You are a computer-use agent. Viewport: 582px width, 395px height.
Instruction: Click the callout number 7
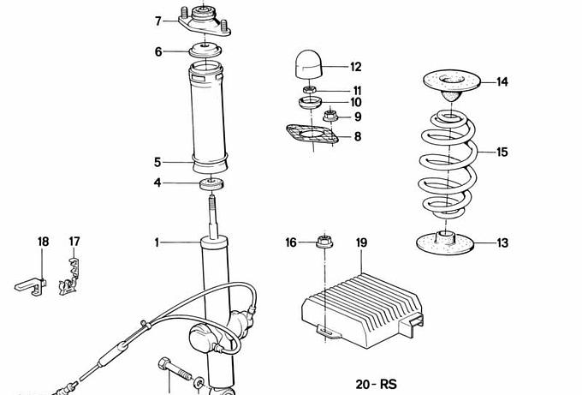(x=158, y=21)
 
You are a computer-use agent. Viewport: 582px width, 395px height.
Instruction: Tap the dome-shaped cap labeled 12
(x=309, y=64)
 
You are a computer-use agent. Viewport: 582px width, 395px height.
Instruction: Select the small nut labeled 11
(x=309, y=90)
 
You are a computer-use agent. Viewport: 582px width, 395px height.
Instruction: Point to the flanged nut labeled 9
(x=330, y=116)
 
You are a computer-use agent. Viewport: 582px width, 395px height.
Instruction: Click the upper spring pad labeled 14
(x=452, y=85)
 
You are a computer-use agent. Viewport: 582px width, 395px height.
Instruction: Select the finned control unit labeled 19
(x=362, y=311)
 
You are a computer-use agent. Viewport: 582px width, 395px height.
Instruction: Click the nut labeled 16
(x=324, y=242)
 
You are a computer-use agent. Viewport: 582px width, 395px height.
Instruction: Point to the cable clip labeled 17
(x=70, y=277)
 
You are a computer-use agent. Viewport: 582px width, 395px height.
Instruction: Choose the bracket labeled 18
(x=31, y=286)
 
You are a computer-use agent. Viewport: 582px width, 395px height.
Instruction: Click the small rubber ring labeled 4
(x=212, y=184)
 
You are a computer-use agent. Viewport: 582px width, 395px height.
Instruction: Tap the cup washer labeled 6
(x=205, y=51)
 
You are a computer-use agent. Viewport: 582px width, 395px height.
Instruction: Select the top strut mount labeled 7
(x=205, y=21)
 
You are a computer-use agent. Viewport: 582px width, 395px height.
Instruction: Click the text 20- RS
(x=376, y=384)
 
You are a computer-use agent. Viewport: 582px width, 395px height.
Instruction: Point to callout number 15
(x=502, y=152)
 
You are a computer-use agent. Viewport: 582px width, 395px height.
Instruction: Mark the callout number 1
(x=157, y=242)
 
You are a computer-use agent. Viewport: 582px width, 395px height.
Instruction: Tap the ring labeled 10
(x=310, y=102)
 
